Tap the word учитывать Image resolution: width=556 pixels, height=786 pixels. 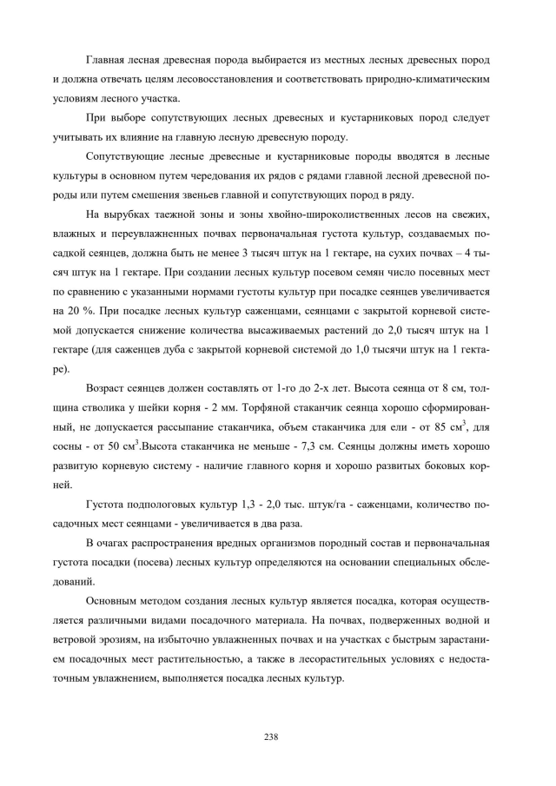80,136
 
